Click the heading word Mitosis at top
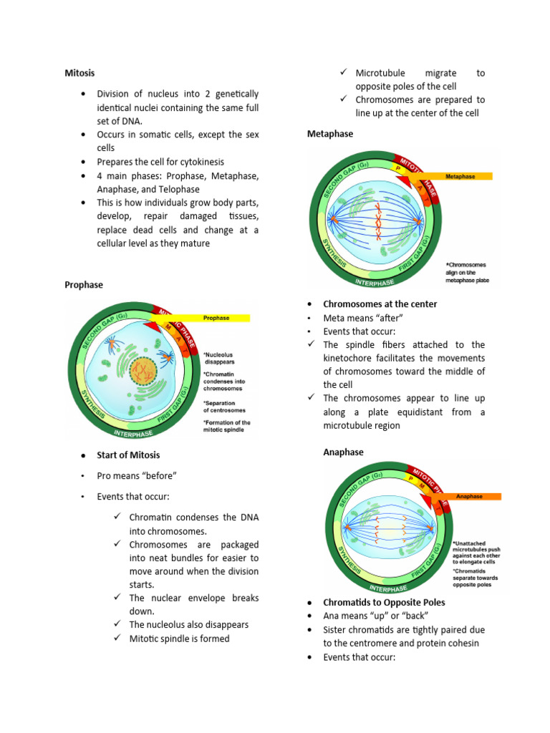tap(79, 73)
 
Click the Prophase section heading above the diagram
tap(84, 285)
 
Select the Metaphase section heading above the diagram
tap(329, 134)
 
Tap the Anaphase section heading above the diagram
tap(343, 452)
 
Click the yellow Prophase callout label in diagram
tap(216, 318)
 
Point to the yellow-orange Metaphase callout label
tap(458, 176)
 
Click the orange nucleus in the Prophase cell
tap(143, 370)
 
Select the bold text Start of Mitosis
tap(128, 455)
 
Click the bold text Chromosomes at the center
tap(380, 304)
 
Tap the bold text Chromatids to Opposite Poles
tap(385, 603)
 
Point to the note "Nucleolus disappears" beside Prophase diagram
tap(218, 358)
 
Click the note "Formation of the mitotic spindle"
tap(226, 427)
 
